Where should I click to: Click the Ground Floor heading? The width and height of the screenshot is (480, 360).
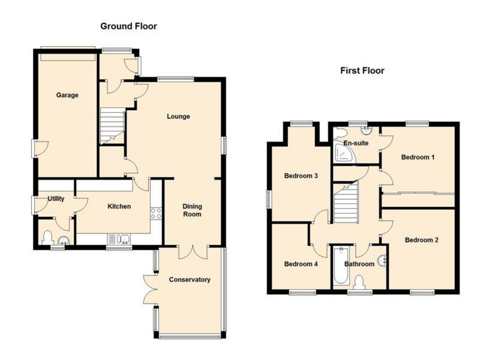[x=128, y=26]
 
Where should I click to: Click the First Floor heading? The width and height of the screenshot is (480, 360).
[x=362, y=71]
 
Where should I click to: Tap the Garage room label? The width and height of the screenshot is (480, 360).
[x=67, y=95]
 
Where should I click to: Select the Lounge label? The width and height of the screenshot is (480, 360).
[x=178, y=116]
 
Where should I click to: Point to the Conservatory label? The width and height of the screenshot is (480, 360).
[x=190, y=280]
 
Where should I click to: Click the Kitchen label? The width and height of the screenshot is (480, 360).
[x=119, y=206]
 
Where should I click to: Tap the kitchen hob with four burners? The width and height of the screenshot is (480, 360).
[x=156, y=213]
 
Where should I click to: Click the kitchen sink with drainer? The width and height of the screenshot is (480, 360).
[x=119, y=239]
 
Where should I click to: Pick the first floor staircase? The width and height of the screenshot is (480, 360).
[x=345, y=202]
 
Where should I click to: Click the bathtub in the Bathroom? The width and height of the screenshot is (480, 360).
[x=341, y=266]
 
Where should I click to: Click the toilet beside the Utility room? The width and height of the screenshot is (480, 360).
[x=48, y=238]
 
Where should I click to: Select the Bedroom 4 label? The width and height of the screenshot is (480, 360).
[x=301, y=264]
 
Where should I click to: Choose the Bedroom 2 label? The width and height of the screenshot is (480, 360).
[x=422, y=240]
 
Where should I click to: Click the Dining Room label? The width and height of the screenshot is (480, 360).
[x=192, y=210]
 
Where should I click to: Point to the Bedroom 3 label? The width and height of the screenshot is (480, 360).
[x=301, y=176]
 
